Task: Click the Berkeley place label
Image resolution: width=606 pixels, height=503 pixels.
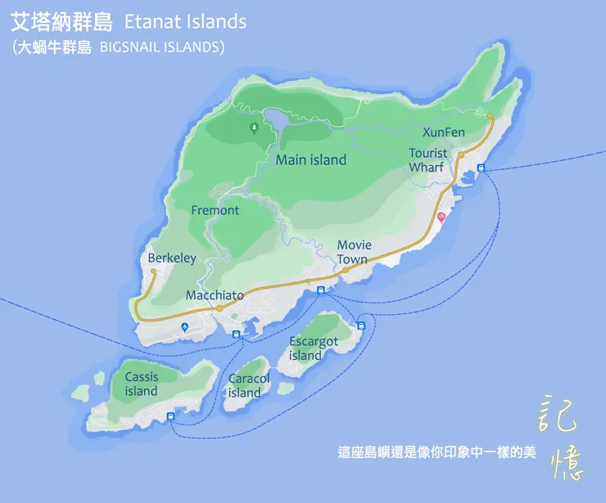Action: pos(172,258)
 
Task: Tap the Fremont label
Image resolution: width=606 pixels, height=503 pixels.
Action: pos(215,210)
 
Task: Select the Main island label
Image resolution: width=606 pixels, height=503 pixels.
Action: pos(310,160)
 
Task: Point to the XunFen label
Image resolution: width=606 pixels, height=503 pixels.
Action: pos(443,132)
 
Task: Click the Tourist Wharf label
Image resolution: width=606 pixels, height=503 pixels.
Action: pos(427,160)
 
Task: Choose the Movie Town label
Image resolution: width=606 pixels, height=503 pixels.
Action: pos(353,252)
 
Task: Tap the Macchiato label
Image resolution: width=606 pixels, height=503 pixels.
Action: pos(215,295)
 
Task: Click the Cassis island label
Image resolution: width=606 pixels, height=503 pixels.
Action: pos(141,384)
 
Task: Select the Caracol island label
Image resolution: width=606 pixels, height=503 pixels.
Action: pos(248,385)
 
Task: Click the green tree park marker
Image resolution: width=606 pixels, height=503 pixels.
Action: pos(254,128)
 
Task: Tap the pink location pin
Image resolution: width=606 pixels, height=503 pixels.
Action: pos(441,217)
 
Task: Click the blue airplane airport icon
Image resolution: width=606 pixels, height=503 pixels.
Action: pos(185,327)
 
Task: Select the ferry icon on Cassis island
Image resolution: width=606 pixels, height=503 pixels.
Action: pos(171,417)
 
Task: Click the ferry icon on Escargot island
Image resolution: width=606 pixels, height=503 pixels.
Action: pos(361,326)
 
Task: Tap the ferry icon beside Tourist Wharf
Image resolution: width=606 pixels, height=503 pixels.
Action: pos(481,168)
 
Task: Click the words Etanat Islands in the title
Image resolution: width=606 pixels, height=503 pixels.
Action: pos(184,22)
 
